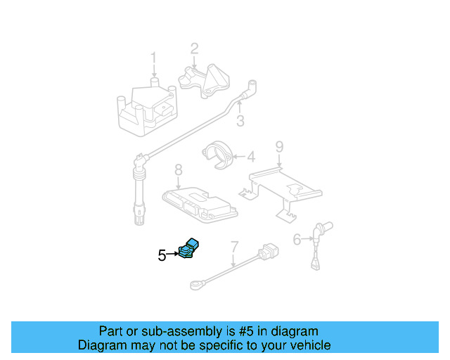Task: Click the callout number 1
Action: click(x=153, y=58)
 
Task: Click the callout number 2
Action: click(x=194, y=49)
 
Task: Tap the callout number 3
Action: click(x=240, y=122)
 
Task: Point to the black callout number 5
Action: click(x=162, y=256)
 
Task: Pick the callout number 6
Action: click(x=297, y=240)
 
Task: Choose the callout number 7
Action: click(x=234, y=247)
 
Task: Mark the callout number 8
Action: click(x=178, y=169)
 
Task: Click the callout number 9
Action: click(x=279, y=147)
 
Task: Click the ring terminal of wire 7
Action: click(x=195, y=285)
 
